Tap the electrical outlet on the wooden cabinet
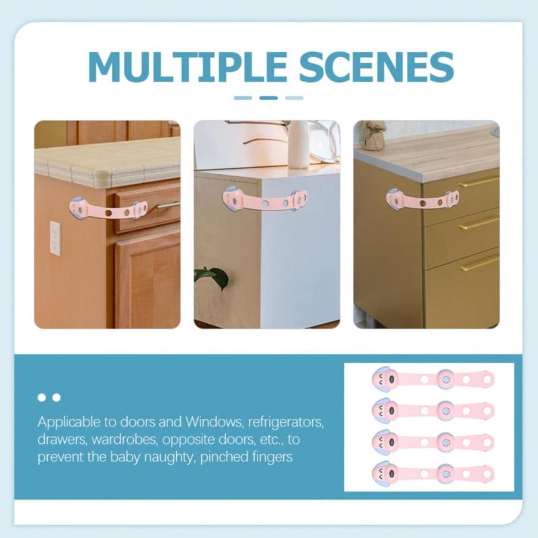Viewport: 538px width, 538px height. [54, 238]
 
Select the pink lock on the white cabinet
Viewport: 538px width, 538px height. [265, 200]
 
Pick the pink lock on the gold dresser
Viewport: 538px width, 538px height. [422, 200]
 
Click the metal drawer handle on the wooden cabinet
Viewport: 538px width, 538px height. [168, 205]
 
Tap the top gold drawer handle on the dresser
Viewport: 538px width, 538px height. [478, 182]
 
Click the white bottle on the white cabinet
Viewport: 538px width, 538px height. [298, 144]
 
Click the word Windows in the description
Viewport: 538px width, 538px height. [210, 424]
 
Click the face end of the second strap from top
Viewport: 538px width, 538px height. [385, 410]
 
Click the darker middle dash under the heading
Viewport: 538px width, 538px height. [268, 98]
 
